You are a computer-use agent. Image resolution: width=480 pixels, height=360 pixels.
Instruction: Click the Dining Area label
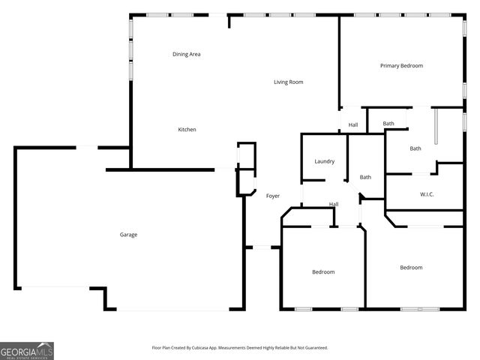pyautogui.click(x=186, y=54)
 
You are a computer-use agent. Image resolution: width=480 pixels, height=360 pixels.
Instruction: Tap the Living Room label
pyautogui.click(x=288, y=82)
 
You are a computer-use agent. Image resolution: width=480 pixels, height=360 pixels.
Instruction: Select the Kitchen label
pyautogui.click(x=187, y=130)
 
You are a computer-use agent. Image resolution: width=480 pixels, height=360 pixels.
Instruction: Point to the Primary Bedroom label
pyautogui.click(x=401, y=66)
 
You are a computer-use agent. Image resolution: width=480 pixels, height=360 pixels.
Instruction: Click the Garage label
pyautogui.click(x=128, y=235)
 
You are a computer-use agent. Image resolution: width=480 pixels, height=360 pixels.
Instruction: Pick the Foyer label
pyautogui.click(x=273, y=196)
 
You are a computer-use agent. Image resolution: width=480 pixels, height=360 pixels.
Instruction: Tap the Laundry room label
pyautogui.click(x=324, y=161)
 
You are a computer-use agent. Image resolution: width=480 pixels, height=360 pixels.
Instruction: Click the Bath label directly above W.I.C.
pyautogui.click(x=415, y=148)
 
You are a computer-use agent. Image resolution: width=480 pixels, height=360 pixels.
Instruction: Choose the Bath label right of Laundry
pyautogui.click(x=365, y=177)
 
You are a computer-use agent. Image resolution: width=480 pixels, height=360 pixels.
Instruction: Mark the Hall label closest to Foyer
pyautogui.click(x=334, y=205)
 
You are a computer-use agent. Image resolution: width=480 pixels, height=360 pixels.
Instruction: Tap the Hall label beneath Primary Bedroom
pyautogui.click(x=352, y=125)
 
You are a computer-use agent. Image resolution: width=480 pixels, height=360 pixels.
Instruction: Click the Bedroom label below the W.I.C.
pyautogui.click(x=411, y=268)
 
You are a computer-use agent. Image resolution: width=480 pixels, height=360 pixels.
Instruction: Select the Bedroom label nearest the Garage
pyautogui.click(x=323, y=271)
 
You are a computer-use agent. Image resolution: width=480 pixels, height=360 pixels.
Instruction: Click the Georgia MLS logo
pyautogui.click(x=27, y=351)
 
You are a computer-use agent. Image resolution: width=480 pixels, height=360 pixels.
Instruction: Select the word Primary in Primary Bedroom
pyautogui.click(x=389, y=66)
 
